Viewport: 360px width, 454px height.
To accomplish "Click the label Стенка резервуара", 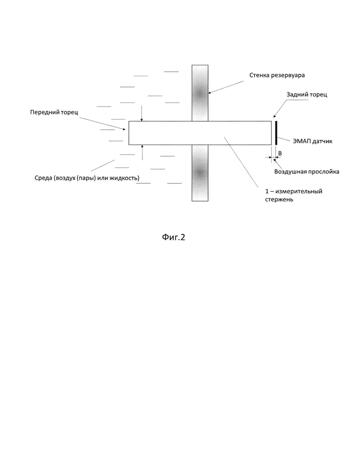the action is [277, 75].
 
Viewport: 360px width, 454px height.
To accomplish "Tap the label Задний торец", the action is [307, 95].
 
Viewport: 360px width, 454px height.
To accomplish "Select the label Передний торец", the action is [54, 112].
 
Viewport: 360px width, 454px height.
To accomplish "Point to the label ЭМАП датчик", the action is [312, 141].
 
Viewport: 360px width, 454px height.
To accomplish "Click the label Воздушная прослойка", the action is [307, 172].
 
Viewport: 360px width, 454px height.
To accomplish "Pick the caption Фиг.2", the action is [174, 237].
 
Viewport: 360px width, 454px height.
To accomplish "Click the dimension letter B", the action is [280, 153].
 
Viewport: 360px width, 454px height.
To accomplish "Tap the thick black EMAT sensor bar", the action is [276, 133].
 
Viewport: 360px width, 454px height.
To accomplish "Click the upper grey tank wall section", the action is [200, 93].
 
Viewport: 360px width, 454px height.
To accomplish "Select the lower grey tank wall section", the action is [200, 173].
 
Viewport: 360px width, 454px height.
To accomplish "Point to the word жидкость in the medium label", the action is [124, 178].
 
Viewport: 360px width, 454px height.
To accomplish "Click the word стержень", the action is [279, 200].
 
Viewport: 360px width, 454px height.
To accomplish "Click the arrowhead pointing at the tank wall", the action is [209, 93].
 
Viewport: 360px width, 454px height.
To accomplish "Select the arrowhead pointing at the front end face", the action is [124, 129].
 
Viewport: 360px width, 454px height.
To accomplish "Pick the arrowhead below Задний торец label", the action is [274, 116].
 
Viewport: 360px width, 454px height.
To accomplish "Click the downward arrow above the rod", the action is [142, 113].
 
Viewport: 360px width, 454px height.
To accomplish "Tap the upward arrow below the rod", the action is [142, 152].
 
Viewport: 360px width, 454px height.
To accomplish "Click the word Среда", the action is [43, 178].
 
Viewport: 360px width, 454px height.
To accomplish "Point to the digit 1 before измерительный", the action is [267, 191].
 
